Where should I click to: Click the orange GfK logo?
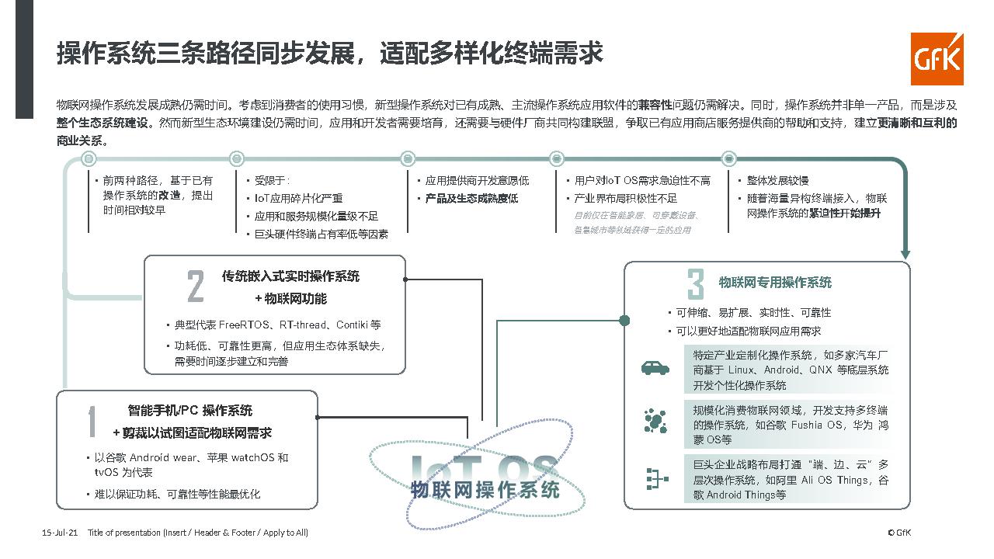(937, 59)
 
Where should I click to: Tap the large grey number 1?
(92, 422)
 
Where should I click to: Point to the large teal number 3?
(695, 283)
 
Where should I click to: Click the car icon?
(655, 368)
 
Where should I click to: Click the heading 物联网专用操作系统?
(775, 282)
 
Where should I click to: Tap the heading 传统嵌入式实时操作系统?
(290, 276)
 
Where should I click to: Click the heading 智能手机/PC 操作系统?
(190, 411)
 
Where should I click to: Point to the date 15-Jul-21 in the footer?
(60, 533)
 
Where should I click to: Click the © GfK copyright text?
(898, 533)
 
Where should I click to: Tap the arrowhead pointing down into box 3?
(905, 254)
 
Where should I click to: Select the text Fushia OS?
(817, 425)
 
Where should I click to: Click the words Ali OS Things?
(835, 480)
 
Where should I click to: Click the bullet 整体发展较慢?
(778, 180)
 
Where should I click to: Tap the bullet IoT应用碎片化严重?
(299, 198)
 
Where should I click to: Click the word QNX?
(821, 370)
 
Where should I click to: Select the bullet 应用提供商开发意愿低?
(477, 180)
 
